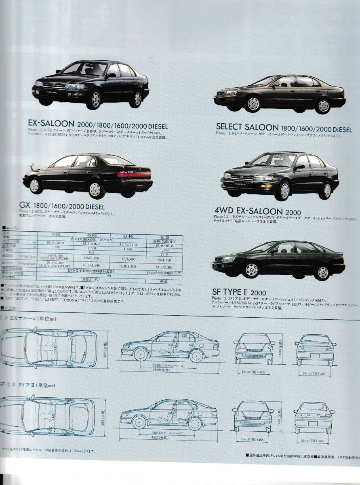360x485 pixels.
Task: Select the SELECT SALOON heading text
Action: [247, 127]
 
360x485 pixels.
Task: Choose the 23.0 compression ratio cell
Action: [163, 255]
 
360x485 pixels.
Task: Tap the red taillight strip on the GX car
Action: [133, 175]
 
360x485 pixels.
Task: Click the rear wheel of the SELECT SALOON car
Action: [323, 105]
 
